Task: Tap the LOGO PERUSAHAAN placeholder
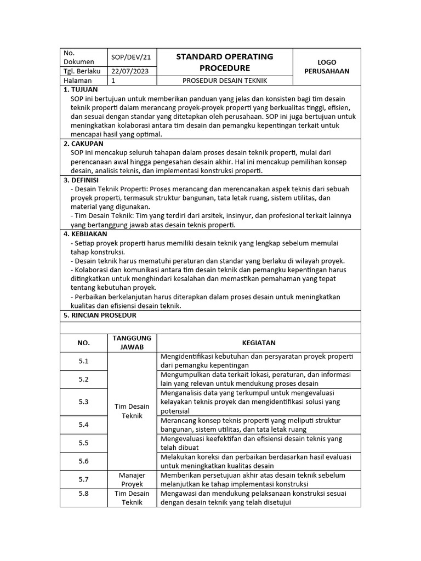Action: coord(327,66)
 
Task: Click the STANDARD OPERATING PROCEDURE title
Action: coord(224,62)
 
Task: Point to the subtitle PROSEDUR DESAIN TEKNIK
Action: coord(224,81)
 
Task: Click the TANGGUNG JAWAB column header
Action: coord(132,342)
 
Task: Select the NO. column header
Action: coord(83,343)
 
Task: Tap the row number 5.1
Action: coord(83,361)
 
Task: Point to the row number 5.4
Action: coord(83,425)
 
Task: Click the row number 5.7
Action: coord(83,479)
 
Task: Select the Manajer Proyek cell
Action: coord(132,479)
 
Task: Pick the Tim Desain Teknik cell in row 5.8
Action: coord(132,497)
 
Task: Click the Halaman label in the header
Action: coord(77,81)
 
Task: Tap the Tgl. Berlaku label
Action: coord(81,71)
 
